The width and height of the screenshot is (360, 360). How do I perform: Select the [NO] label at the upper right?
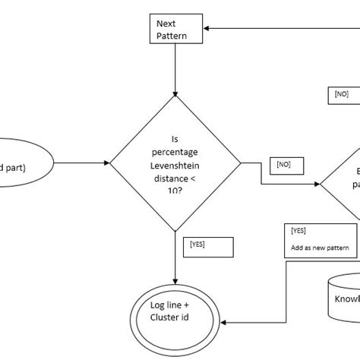point(341,95)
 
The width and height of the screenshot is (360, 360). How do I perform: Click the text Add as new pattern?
point(319,248)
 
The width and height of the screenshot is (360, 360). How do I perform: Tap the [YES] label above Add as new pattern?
point(299,230)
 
